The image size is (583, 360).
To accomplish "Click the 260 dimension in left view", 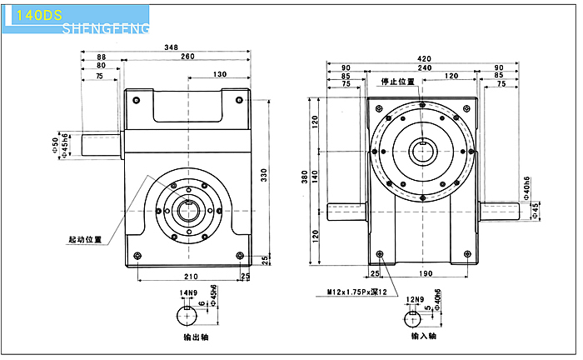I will click(187, 57).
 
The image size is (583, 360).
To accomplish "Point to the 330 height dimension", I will click(265, 174).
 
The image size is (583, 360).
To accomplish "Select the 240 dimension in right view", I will click(425, 67).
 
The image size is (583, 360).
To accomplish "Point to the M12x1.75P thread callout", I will click(362, 292).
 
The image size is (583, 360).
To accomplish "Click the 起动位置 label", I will click(86, 239).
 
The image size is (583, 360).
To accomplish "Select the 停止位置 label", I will click(397, 82).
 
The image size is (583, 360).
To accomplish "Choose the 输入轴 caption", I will click(425, 337).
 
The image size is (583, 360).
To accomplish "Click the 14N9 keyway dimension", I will click(188, 292).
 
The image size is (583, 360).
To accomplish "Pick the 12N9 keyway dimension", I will click(415, 298).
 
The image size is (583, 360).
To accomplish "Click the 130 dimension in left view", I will click(219, 75).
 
